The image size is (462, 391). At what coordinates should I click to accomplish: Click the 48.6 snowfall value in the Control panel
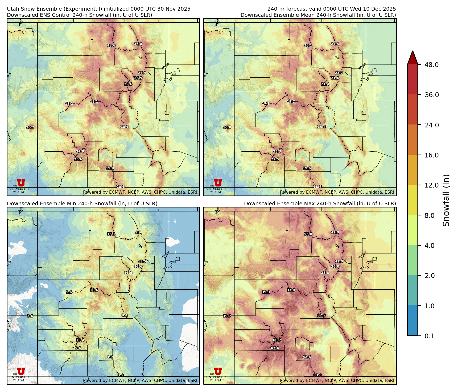[111, 45]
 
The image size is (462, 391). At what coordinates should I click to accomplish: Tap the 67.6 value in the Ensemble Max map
[275, 348]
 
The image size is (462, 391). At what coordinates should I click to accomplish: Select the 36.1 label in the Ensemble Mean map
[308, 45]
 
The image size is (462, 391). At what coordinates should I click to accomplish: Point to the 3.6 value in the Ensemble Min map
[30, 316]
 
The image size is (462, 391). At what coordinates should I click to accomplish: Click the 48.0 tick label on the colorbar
[431, 65]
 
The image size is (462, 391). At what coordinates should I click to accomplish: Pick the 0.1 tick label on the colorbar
[429, 336]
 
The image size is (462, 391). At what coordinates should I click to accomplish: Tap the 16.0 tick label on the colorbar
[431, 155]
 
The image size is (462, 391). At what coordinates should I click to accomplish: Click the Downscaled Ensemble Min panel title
[82, 203]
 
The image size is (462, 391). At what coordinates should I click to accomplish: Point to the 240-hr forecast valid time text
[332, 9]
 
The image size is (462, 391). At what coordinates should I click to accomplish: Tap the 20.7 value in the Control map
[30, 127]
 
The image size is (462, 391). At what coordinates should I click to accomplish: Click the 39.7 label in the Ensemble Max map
[227, 316]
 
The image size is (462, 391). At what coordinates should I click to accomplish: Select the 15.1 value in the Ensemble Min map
[111, 234]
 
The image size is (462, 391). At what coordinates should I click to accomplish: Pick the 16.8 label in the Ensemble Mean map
[227, 127]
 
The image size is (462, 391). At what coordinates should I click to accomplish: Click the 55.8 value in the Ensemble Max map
[308, 234]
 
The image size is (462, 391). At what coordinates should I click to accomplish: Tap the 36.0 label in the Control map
[138, 44]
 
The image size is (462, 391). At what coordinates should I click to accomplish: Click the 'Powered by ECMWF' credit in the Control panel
[140, 192]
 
